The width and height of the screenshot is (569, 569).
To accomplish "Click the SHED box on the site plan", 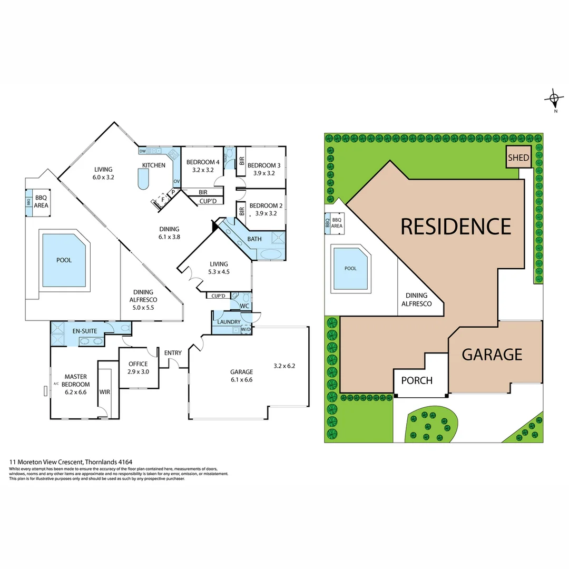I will pyautogui.click(x=518, y=158).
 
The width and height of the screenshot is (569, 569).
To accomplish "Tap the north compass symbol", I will pyautogui.click(x=554, y=99).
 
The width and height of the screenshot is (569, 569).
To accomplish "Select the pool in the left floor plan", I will pyautogui.click(x=64, y=260).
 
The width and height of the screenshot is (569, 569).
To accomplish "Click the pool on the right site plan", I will pyautogui.click(x=350, y=268).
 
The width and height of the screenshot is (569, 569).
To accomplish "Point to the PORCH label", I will pyautogui.click(x=417, y=380).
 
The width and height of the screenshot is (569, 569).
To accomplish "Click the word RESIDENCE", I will pyautogui.click(x=456, y=226).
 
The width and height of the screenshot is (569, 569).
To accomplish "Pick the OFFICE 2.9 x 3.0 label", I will pyautogui.click(x=138, y=368).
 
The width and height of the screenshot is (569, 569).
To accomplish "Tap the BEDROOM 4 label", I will pyautogui.click(x=202, y=166).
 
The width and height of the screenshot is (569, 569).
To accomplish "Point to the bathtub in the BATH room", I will pyautogui.click(x=271, y=254).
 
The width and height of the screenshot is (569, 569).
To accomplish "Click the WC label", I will pyautogui.click(x=244, y=306).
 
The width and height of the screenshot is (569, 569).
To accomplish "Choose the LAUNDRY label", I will pyautogui.click(x=229, y=322).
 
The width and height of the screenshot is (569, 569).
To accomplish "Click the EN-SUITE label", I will pyautogui.click(x=84, y=331).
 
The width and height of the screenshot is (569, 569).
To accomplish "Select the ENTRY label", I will pyautogui.click(x=173, y=353).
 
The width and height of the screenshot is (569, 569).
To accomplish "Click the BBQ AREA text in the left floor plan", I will pyautogui.click(x=41, y=201).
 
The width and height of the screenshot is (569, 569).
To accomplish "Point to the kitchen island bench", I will pyautogui.click(x=143, y=182).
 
